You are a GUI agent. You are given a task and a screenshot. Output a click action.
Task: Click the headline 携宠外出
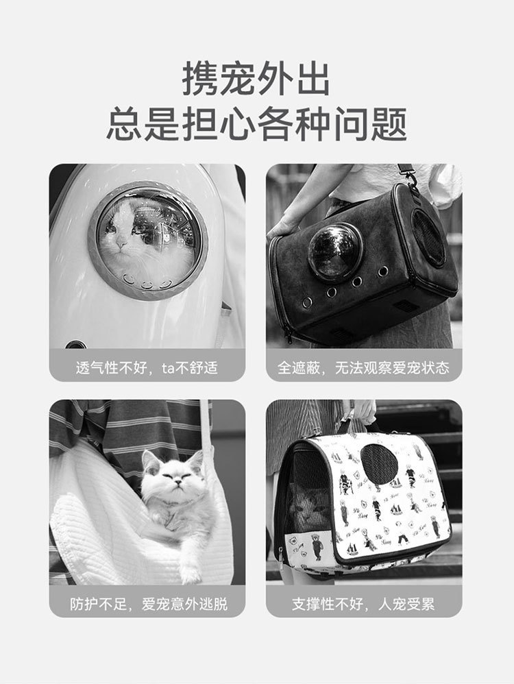pos(256,79)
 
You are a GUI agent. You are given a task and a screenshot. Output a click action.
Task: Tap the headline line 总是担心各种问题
pos(256,124)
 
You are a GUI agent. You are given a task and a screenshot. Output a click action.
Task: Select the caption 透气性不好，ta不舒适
pos(147,368)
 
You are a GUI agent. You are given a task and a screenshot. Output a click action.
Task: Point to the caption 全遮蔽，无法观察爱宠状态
pos(363,368)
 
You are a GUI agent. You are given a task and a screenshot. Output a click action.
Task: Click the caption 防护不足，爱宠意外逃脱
pos(149,604)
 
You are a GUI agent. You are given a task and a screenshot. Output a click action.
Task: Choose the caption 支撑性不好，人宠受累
pos(363,604)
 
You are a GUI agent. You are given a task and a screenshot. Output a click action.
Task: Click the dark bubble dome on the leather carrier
pos(335,251)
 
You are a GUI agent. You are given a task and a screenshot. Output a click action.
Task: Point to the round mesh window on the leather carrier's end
pos(429,237)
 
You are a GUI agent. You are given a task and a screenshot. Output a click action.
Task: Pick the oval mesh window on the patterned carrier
pos(379,465)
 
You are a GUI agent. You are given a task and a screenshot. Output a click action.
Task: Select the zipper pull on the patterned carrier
pos(280,560)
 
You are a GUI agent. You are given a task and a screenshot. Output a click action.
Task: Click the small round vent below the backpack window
pos(75,345)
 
